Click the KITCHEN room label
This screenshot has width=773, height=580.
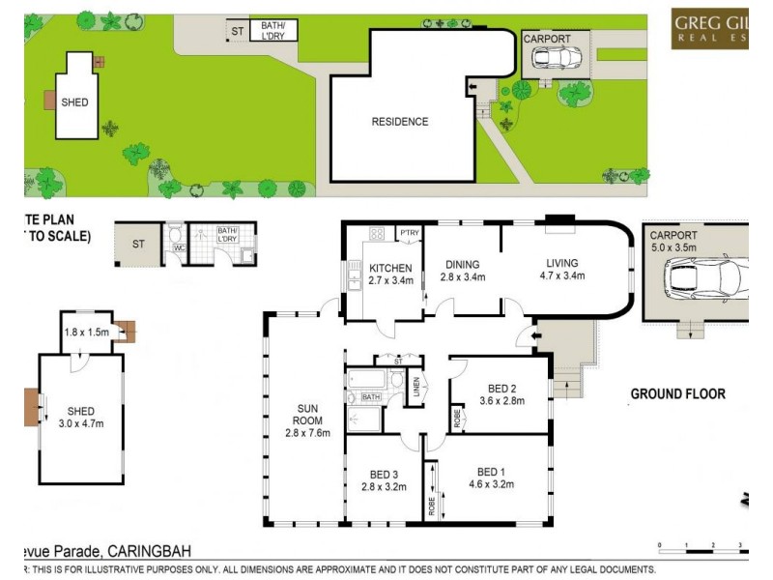click(390, 268)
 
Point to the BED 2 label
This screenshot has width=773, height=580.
click(499, 388)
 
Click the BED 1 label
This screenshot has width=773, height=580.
click(491, 472)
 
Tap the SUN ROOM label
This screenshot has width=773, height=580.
click(308, 420)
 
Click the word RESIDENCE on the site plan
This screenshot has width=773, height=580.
click(400, 122)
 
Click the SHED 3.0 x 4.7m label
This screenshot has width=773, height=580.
click(81, 417)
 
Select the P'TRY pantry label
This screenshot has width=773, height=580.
click(410, 233)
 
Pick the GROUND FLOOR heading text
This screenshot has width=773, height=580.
click(677, 393)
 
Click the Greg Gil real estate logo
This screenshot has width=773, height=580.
click(711, 29)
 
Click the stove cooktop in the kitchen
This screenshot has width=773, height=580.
click(378, 233)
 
